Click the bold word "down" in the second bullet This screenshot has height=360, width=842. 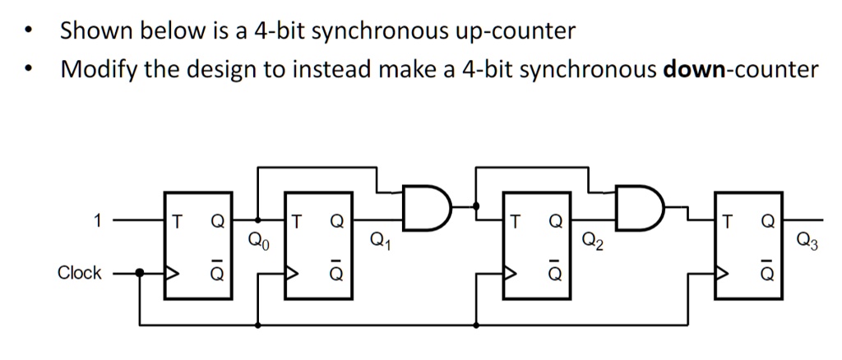pos(690,70)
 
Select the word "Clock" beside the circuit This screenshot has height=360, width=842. pos(80,273)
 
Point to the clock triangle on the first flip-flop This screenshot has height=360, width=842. pos(172,273)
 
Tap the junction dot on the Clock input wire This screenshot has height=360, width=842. pos(141,273)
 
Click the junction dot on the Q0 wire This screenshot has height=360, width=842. pos(258,220)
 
